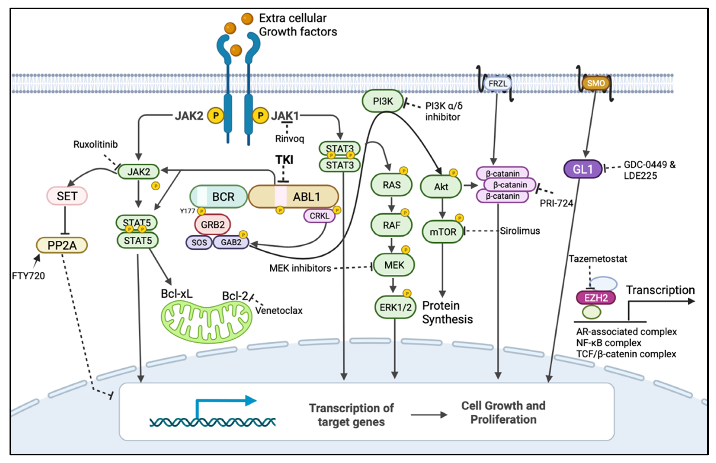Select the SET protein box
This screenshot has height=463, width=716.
(x=67, y=196)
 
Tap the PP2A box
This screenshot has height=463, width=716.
(x=62, y=245)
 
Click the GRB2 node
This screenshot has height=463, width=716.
(x=213, y=224)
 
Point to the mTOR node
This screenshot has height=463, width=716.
(x=443, y=232)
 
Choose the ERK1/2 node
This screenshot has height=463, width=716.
(x=395, y=307)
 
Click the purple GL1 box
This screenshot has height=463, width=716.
(x=583, y=169)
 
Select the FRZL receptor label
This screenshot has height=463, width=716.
(x=498, y=84)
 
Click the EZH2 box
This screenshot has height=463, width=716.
(x=596, y=298)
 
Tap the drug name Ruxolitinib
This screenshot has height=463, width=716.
(x=95, y=145)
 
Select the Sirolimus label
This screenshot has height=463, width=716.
(x=520, y=231)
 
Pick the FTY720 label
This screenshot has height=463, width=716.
(x=28, y=276)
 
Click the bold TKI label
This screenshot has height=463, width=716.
(x=284, y=160)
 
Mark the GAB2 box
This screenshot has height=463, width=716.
(x=231, y=242)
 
